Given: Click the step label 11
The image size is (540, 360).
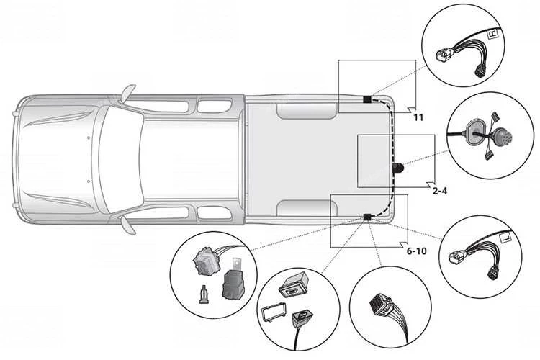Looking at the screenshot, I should coord(417,117).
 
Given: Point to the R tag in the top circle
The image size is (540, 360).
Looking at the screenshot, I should coord(493,34).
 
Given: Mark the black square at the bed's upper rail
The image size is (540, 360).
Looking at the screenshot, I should coord(366,99).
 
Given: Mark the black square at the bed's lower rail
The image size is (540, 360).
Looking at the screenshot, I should coord(366,217).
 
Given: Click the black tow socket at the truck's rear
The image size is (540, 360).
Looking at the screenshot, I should coord(397,168).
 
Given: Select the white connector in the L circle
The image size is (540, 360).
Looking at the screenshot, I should coord(459,257).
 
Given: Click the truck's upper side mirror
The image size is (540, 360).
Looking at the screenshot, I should coord(127,93).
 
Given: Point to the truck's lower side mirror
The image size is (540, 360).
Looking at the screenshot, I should coord(127,223).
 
